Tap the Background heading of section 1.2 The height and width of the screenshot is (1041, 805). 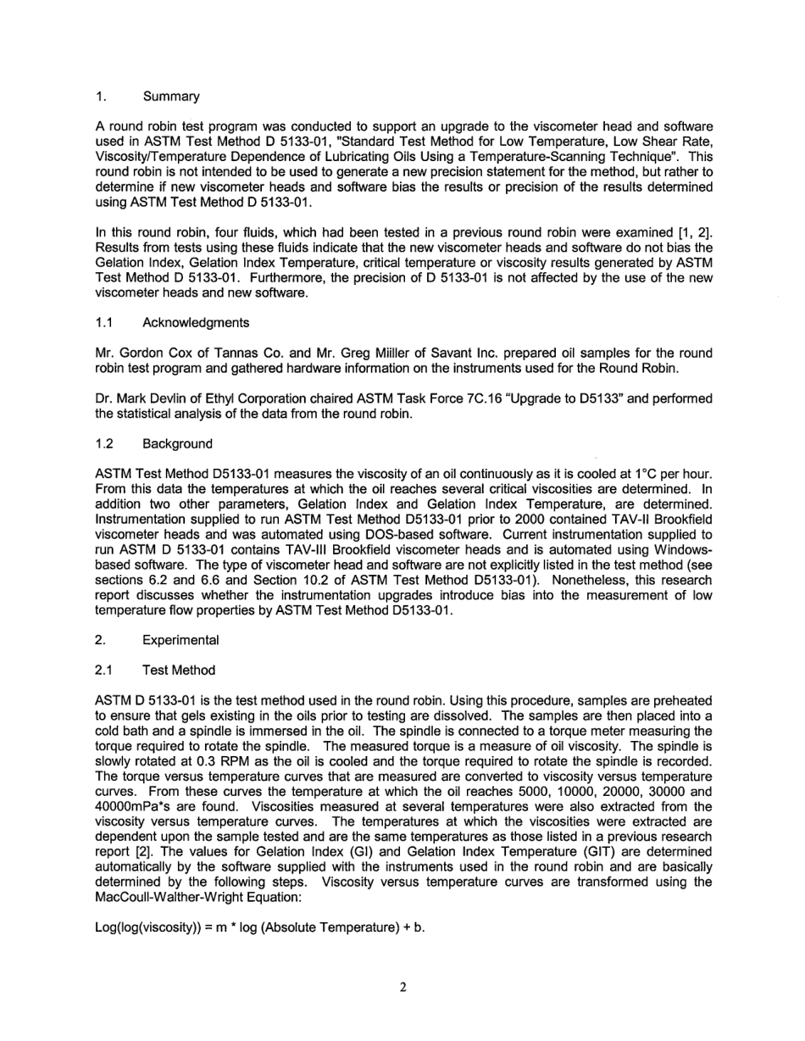pos(177,443)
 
